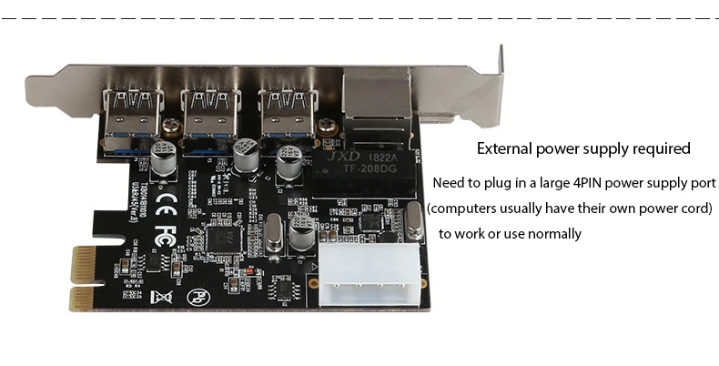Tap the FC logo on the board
click(x=165, y=229)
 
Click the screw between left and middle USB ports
click(x=169, y=125)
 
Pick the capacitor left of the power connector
click(x=302, y=239)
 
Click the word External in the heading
click(x=507, y=148)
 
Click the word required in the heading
click(x=660, y=148)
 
